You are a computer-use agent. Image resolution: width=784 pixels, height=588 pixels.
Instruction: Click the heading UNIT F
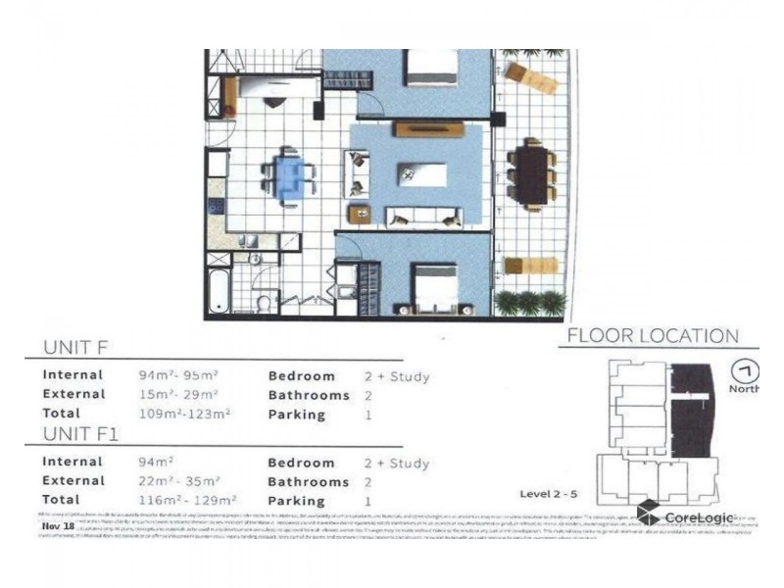(x=81, y=348)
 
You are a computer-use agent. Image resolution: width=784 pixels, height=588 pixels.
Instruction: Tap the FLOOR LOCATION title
(x=653, y=336)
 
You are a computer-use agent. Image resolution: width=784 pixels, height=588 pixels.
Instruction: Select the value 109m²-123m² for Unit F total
(x=184, y=415)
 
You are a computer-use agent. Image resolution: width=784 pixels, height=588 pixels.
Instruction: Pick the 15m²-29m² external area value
(x=180, y=395)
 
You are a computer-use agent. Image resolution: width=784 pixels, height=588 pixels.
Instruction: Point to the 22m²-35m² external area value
(x=180, y=481)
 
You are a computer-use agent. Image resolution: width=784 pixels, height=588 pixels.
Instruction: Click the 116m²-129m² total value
(x=184, y=501)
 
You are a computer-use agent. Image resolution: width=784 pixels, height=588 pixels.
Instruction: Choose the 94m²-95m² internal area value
(x=180, y=375)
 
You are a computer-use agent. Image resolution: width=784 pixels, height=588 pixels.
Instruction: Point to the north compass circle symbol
(x=746, y=371)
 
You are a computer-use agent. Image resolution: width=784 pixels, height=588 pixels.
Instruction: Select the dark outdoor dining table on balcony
(x=533, y=173)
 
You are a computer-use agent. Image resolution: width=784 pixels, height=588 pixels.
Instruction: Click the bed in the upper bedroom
(x=431, y=68)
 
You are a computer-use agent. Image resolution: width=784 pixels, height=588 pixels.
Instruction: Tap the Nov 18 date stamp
(x=59, y=526)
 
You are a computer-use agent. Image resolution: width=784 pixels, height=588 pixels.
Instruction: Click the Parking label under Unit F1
(x=296, y=501)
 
